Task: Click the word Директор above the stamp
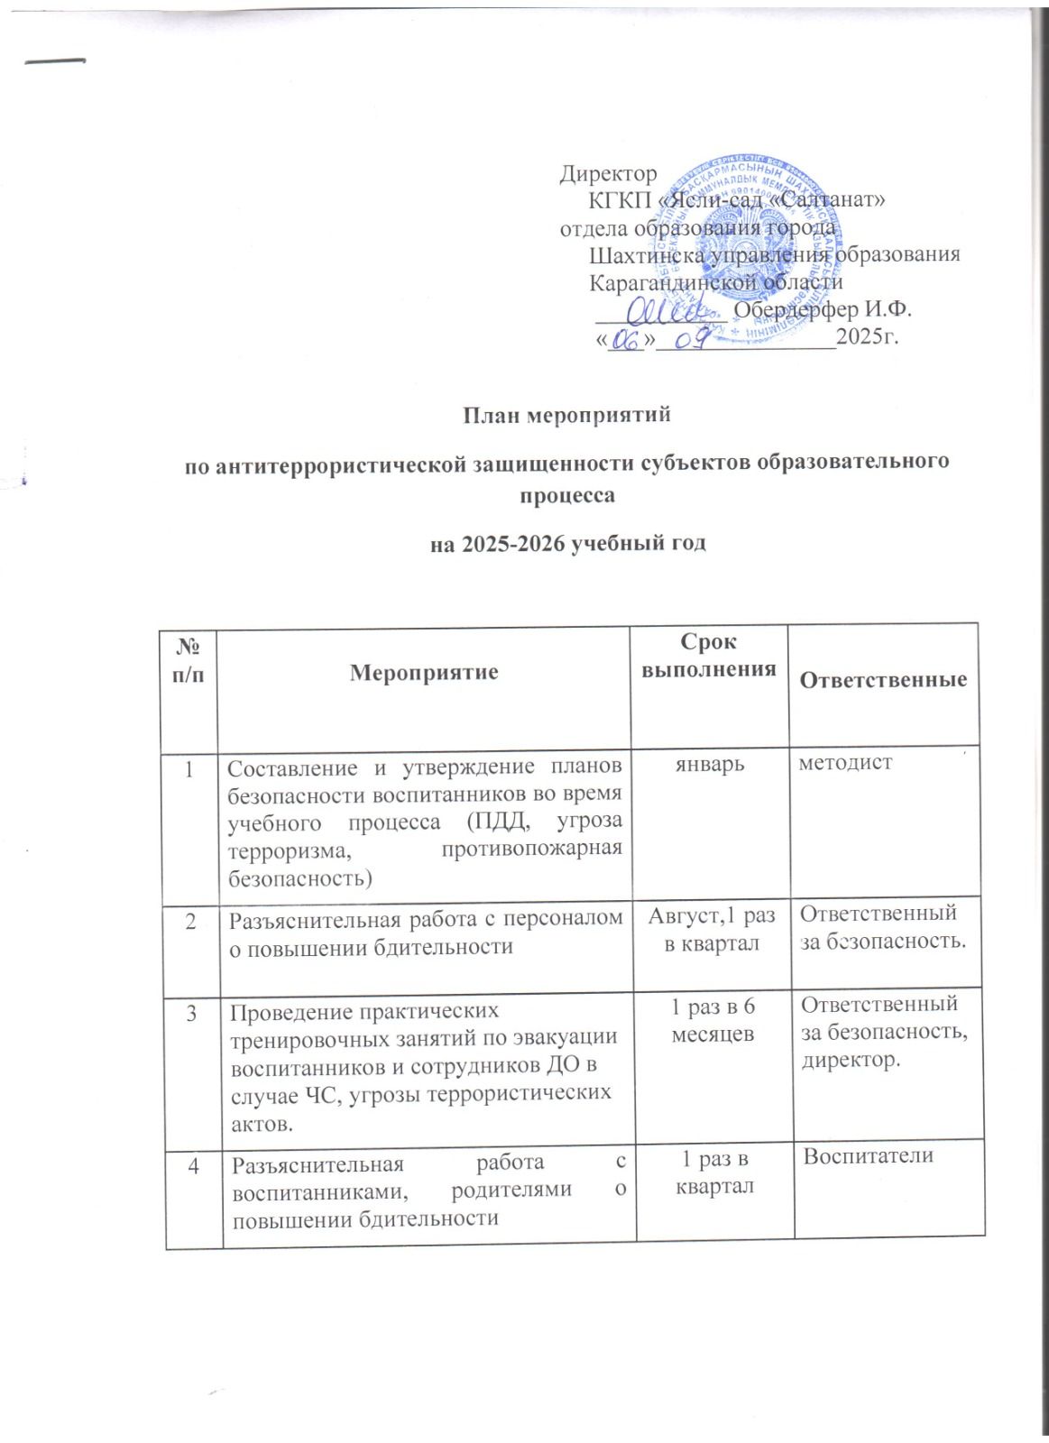pyautogui.click(x=608, y=171)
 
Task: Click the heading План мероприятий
pyautogui.click(x=568, y=416)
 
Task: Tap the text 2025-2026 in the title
pyautogui.click(x=519, y=544)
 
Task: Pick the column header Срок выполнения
pyautogui.click(x=706, y=656)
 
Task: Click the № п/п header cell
pyautogui.click(x=190, y=661)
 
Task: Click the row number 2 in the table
pyautogui.click(x=190, y=919)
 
